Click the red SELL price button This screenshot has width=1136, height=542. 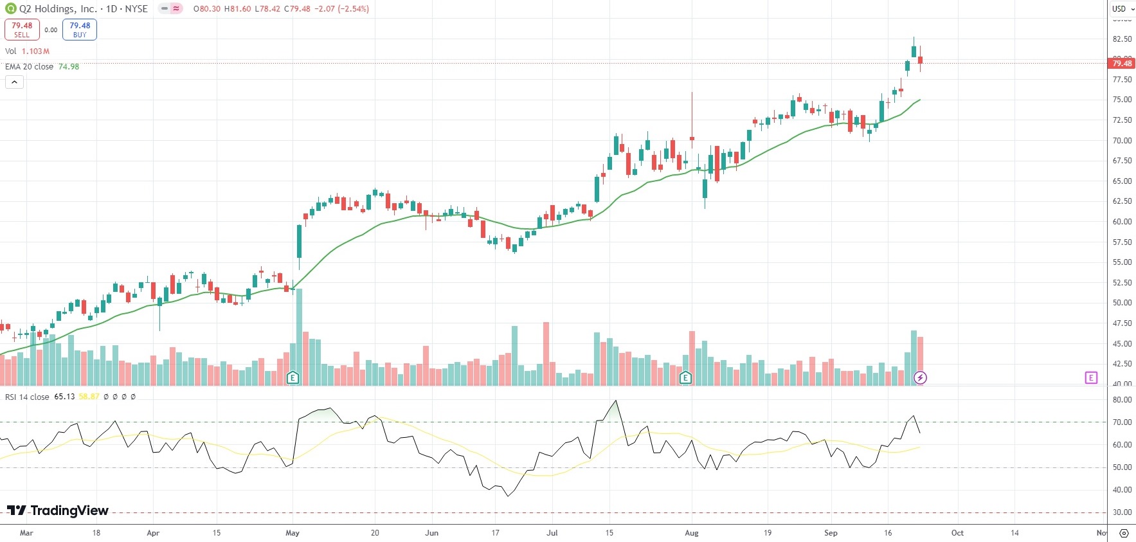pos(22,30)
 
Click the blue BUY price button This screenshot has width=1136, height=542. pos(80,30)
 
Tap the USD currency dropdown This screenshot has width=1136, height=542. pos(1122,8)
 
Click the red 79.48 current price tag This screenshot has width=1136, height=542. pos(1122,63)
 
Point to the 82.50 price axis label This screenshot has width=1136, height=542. pos(1122,39)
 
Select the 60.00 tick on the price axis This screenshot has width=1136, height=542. pos(1122,222)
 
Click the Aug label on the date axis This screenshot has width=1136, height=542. pos(692,533)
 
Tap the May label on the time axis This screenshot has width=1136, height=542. pos(293,533)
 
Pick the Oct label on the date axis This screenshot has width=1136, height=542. pos(957,533)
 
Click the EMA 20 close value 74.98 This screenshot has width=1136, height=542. pos(69,67)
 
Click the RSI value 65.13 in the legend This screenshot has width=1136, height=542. pos(64,397)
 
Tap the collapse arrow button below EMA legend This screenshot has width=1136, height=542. pos(14,82)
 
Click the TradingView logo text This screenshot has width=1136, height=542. pos(58,510)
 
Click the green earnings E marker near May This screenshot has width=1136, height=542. pos(293,377)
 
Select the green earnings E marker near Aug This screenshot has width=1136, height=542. pos(685,377)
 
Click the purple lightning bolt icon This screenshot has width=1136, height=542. pos(920,377)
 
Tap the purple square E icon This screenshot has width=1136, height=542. pos(1091,377)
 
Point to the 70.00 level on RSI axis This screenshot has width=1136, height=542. pos(1122,422)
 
